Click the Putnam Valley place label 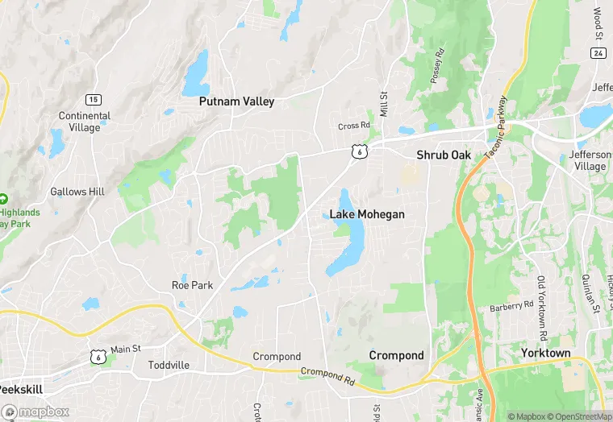coord(237,102)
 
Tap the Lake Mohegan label coord(367,215)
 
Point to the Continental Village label coord(85,122)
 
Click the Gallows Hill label coord(77,192)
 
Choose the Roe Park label coord(192,285)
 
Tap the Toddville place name coord(169,365)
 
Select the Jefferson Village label coord(586,160)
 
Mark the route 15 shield coord(94,99)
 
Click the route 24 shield coord(598,53)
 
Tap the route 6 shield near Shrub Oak coord(360,151)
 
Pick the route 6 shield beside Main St coord(98,355)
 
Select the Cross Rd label coord(353,126)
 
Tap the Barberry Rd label coord(511,307)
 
